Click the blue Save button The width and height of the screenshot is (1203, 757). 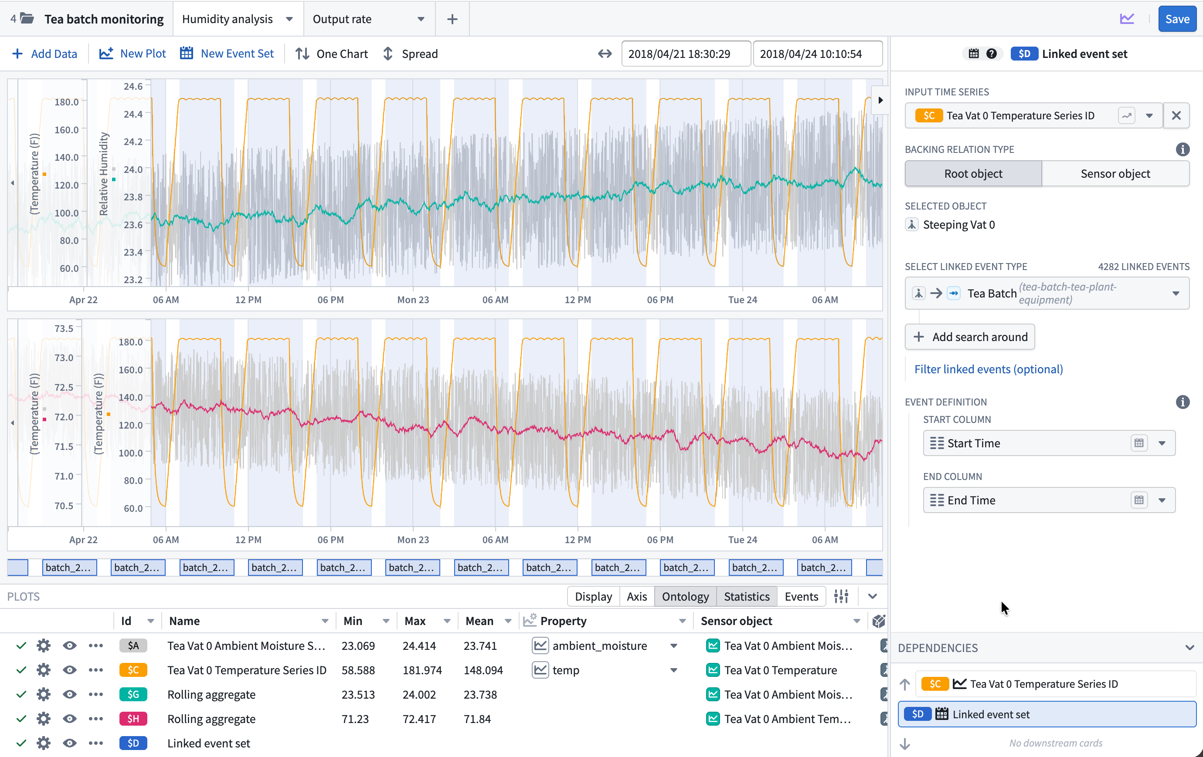[1176, 19]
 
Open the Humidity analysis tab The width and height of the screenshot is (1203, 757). [228, 19]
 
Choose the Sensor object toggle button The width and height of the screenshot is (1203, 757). [1115, 173]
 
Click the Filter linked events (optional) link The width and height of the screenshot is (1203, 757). [988, 369]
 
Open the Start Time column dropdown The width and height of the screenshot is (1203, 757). [1162, 443]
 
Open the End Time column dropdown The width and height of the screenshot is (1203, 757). [1162, 500]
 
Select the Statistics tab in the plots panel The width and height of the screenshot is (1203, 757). [746, 596]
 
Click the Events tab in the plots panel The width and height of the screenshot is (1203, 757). [801, 596]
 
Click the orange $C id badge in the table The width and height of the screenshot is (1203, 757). [133, 670]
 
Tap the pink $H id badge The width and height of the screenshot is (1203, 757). [133, 719]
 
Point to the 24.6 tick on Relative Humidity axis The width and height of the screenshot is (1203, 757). [133, 86]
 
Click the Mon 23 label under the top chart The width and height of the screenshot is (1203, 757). [413, 300]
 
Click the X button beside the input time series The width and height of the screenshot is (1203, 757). [1176, 115]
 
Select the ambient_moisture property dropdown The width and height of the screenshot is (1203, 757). [673, 645]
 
